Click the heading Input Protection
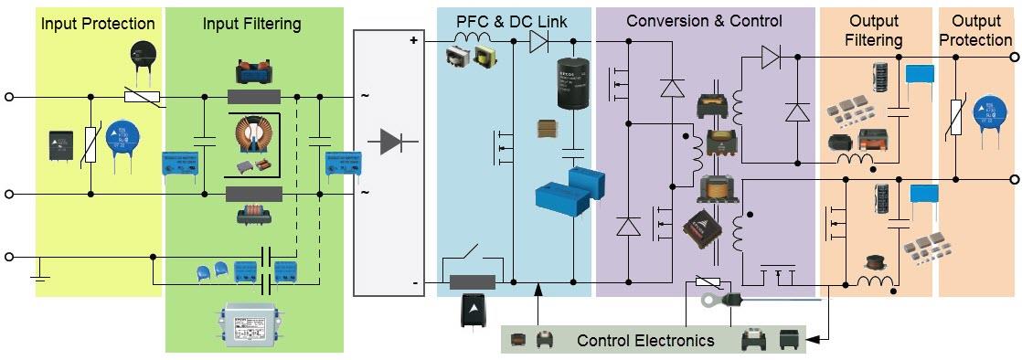(98, 24)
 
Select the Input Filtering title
(252, 24)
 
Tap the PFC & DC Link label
(515, 20)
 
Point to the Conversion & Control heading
(704, 20)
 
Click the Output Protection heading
(976, 30)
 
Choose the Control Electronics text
(645, 341)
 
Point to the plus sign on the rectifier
(413, 41)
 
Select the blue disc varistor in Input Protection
(123, 143)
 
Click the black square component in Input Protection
(62, 145)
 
